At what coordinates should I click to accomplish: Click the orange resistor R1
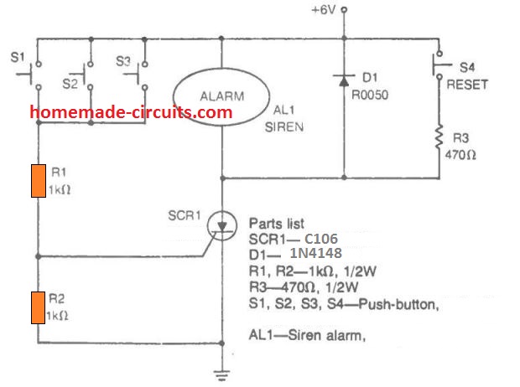click(x=39, y=181)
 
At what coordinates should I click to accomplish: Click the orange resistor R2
click(x=38, y=307)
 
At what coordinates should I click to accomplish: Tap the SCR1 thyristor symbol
click(x=222, y=225)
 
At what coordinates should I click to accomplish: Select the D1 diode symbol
click(x=344, y=80)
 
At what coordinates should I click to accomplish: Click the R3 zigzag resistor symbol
click(x=439, y=137)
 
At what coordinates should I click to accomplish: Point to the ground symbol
click(x=222, y=375)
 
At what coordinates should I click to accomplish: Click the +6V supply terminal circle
click(x=344, y=10)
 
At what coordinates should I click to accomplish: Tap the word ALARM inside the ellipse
click(x=222, y=96)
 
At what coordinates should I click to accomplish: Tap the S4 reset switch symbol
click(x=440, y=65)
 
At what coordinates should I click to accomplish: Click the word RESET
click(x=467, y=85)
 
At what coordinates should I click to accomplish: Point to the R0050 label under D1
click(x=370, y=95)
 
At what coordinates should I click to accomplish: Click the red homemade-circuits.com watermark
click(x=131, y=112)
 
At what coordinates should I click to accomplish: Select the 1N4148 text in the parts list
click(x=315, y=253)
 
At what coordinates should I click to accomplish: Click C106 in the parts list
click(x=321, y=239)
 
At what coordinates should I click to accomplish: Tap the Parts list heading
click(x=277, y=224)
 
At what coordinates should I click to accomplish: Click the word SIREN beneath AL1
click(x=284, y=126)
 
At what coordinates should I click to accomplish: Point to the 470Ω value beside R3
click(x=460, y=155)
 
